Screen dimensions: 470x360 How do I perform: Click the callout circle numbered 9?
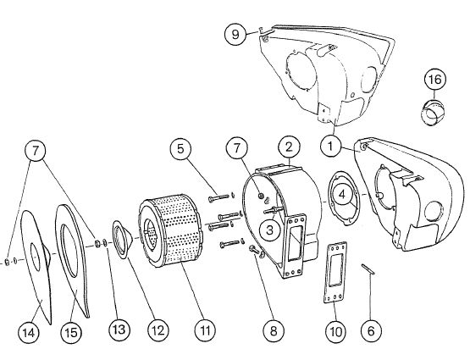click(x=235, y=34)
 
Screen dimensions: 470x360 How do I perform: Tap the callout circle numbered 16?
click(x=435, y=80)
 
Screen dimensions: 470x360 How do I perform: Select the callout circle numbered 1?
click(x=330, y=147)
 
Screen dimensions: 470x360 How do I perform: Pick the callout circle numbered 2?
click(x=289, y=147)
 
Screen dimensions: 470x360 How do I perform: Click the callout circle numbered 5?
click(x=180, y=149)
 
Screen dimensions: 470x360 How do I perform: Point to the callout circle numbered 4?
click(x=342, y=194)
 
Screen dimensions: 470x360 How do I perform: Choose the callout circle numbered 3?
click(x=270, y=230)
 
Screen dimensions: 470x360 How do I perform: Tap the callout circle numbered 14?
click(x=29, y=332)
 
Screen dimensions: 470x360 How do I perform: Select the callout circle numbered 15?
click(x=71, y=332)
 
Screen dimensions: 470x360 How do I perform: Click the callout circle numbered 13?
click(x=119, y=330)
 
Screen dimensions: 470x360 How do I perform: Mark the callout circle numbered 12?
click(x=158, y=330)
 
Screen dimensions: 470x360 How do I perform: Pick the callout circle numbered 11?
click(x=205, y=330)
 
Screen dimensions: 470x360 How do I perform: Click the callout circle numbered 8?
click(x=274, y=331)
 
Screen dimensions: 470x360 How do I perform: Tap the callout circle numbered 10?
click(x=336, y=331)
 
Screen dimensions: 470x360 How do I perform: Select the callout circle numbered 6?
click(x=371, y=331)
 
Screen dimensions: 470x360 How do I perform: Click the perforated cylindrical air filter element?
click(x=170, y=230)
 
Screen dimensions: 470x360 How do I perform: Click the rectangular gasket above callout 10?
click(x=335, y=273)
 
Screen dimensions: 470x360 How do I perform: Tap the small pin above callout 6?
click(x=368, y=269)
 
